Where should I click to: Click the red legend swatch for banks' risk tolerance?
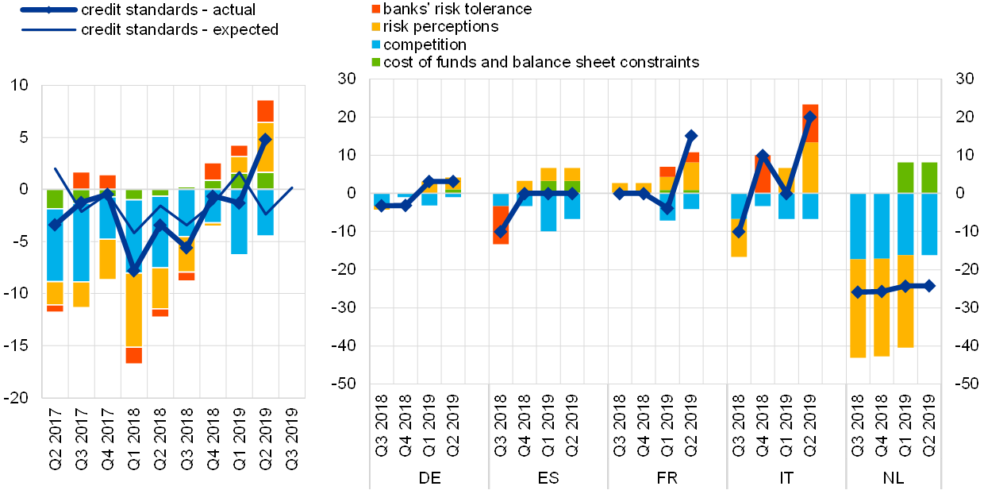pos(375,10)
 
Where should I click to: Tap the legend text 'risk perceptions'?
pos(440,27)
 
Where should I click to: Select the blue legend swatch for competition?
pos(375,44)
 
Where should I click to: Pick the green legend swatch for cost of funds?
pos(375,62)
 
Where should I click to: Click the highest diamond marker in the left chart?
pos(265,139)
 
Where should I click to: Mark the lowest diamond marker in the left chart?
pos(133,270)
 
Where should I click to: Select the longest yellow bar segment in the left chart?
pos(133,309)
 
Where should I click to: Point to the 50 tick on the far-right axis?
pos(965,384)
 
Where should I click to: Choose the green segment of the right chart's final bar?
pos(928,177)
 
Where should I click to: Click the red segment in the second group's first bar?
pos(501,225)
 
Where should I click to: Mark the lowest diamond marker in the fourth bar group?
pos(739,231)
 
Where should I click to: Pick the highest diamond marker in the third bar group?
pos(690,136)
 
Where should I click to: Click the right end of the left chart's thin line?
pos(292,188)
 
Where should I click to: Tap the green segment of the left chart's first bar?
pos(55,199)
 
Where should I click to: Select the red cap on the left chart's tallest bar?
pos(265,111)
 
